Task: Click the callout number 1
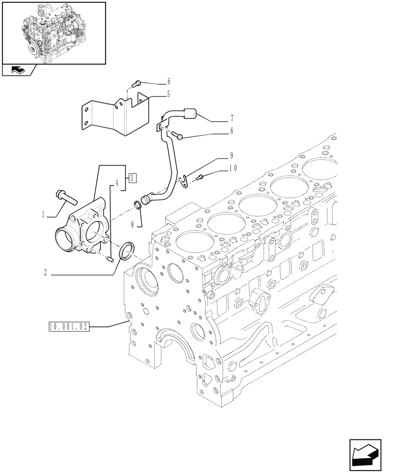44,214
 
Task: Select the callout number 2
45,273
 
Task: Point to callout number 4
116,182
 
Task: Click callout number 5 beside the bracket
155,94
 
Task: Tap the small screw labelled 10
200,177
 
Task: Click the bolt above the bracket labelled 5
137,83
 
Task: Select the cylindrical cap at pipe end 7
191,114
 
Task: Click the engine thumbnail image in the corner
53,32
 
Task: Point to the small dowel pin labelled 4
110,258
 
